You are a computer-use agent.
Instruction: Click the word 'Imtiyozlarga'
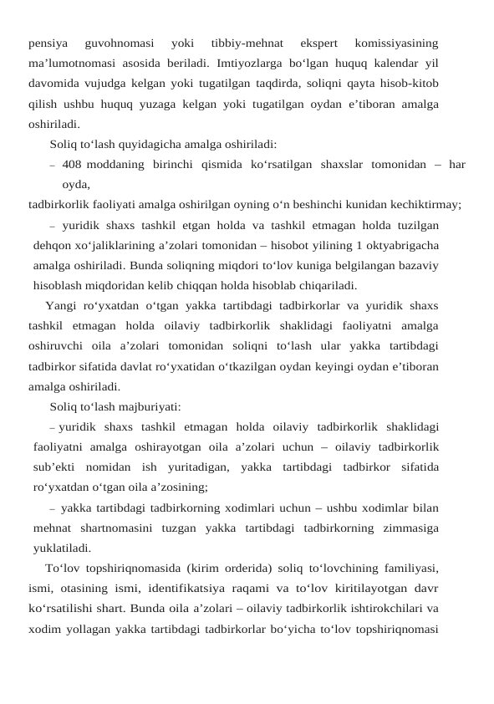coord(249,63)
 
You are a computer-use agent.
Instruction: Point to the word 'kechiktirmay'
coord(427,204)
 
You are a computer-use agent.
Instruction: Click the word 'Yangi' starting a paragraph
coord(61,306)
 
